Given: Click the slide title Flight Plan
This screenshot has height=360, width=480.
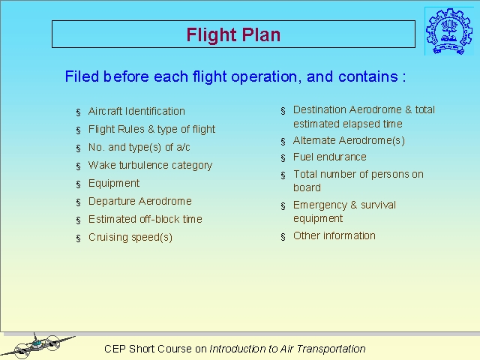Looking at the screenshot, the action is click(233, 34).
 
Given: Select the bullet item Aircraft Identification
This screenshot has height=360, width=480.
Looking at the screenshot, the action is click(136, 111).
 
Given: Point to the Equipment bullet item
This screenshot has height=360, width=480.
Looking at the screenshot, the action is click(114, 183).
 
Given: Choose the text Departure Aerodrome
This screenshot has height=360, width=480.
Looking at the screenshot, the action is click(140, 201).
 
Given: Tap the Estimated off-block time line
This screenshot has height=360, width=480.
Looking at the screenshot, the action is click(145, 219).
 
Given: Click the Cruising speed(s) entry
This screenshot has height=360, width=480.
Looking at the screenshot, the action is click(130, 237).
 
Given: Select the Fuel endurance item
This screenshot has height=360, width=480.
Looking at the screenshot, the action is click(330, 157).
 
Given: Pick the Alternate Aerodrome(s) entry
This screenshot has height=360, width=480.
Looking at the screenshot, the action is click(349, 140).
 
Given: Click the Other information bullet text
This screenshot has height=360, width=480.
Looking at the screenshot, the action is click(334, 235).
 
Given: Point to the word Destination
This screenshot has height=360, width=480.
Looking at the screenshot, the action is click(319, 109).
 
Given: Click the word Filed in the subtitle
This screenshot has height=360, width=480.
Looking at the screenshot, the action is click(82, 76).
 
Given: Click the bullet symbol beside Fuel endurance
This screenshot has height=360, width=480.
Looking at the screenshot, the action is click(283, 158).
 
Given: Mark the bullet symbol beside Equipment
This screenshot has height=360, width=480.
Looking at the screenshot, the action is click(78, 184).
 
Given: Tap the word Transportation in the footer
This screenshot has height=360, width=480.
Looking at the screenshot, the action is click(331, 349).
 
